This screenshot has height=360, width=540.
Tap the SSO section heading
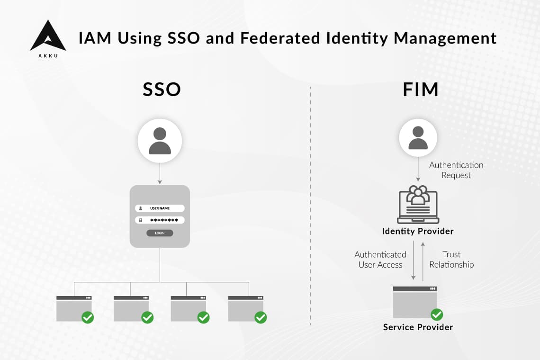click(x=162, y=90)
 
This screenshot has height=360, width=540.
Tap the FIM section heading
click(x=420, y=90)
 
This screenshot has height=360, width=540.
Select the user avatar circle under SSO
click(x=160, y=141)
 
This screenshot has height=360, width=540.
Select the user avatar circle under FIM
click(x=418, y=138)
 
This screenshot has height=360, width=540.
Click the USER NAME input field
click(x=160, y=208)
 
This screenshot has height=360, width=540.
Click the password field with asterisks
click(x=160, y=220)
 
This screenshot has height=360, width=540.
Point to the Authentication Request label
click(x=456, y=170)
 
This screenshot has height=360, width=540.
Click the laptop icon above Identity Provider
click(x=418, y=205)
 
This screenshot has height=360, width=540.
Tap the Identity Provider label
click(x=418, y=231)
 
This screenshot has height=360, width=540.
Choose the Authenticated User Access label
click(x=380, y=260)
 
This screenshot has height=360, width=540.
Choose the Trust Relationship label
click(x=451, y=260)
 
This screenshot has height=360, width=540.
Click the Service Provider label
click(x=418, y=327)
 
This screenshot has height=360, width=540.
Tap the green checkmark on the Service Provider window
click(x=436, y=315)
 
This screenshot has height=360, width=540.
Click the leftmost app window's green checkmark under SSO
click(x=88, y=317)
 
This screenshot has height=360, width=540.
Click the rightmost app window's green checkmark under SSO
click(x=261, y=317)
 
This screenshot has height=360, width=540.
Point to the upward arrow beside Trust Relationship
click(x=423, y=261)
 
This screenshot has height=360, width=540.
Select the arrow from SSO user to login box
click(x=160, y=173)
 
